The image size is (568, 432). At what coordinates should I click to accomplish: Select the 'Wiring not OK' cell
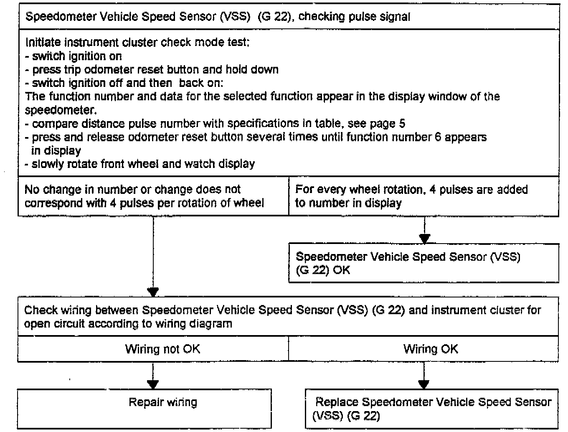tap(162, 349)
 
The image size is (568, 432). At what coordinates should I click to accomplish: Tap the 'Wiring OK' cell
tap(431, 349)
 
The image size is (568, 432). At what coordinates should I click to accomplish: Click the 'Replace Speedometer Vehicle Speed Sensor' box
tap(432, 409)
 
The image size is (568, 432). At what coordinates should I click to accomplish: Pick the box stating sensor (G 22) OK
tap(423, 263)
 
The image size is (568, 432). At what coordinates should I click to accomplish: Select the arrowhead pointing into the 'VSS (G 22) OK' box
tap(424, 239)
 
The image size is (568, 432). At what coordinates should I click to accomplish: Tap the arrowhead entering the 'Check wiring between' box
tap(153, 292)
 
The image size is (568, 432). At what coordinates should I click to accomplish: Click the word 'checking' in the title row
tap(321, 17)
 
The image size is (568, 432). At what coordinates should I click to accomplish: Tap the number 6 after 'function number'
tap(438, 137)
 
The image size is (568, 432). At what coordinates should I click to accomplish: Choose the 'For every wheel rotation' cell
tap(423, 196)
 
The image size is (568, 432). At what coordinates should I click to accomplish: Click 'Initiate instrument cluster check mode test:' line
tap(137, 43)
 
